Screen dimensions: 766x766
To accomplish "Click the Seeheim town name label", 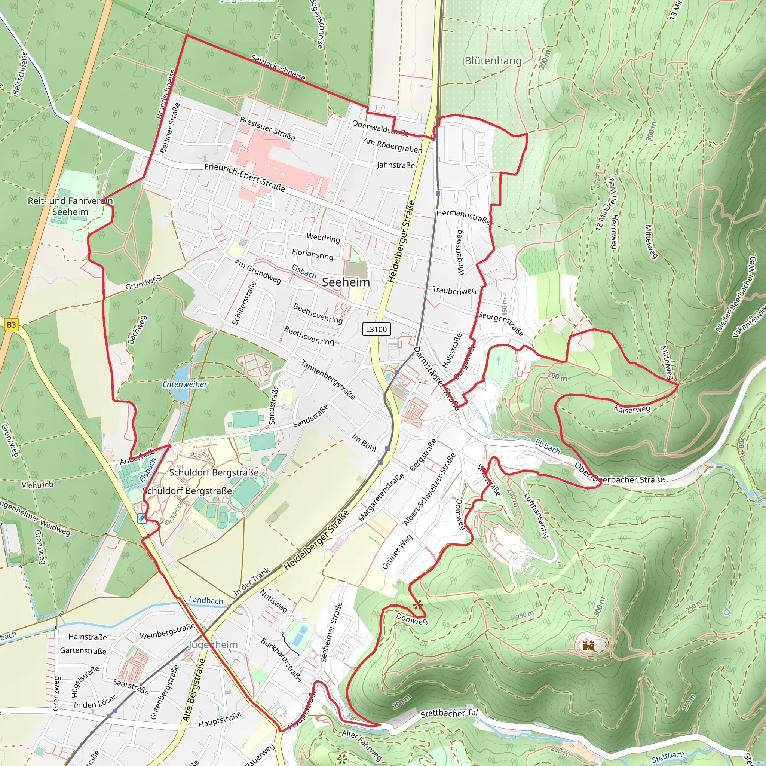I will [346, 282].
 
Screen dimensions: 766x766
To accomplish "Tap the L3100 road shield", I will [376, 329].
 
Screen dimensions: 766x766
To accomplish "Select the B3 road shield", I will [11, 325].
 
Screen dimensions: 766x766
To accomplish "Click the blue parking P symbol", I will [141, 518].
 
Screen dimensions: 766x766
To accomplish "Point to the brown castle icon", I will [588, 646].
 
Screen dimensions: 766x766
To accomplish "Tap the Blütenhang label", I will [493, 61].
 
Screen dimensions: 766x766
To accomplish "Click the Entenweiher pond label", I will [185, 384].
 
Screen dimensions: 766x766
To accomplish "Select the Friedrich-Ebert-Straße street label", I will [245, 177].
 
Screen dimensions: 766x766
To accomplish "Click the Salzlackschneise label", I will [278, 68].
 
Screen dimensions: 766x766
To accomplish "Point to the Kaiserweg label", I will [632, 409].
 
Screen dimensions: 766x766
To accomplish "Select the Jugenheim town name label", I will [213, 645].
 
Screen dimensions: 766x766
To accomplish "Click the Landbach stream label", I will [206, 600].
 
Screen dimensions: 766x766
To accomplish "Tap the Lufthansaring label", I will [536, 515].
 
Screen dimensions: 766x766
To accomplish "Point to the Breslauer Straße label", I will [268, 128].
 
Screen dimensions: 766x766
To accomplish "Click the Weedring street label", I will [323, 238].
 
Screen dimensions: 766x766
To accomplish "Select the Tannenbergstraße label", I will [328, 379].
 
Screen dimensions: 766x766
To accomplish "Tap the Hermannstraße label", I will [463, 217].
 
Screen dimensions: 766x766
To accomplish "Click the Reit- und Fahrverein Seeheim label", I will [70, 206].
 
